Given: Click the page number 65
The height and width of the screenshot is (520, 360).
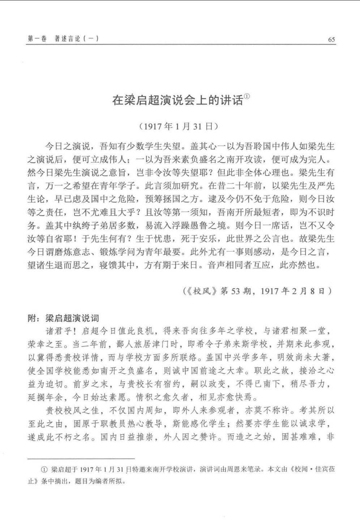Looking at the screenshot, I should (x=331, y=39).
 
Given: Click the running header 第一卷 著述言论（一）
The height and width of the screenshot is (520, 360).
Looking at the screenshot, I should (x=63, y=39).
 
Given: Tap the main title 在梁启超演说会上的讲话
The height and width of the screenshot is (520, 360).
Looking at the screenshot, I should (x=177, y=100).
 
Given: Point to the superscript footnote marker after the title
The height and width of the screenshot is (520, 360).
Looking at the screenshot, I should (x=247, y=96).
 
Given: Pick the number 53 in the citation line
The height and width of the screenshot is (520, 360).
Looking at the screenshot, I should (x=235, y=291).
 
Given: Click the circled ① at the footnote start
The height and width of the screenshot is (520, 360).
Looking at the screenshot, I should (x=44, y=470).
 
